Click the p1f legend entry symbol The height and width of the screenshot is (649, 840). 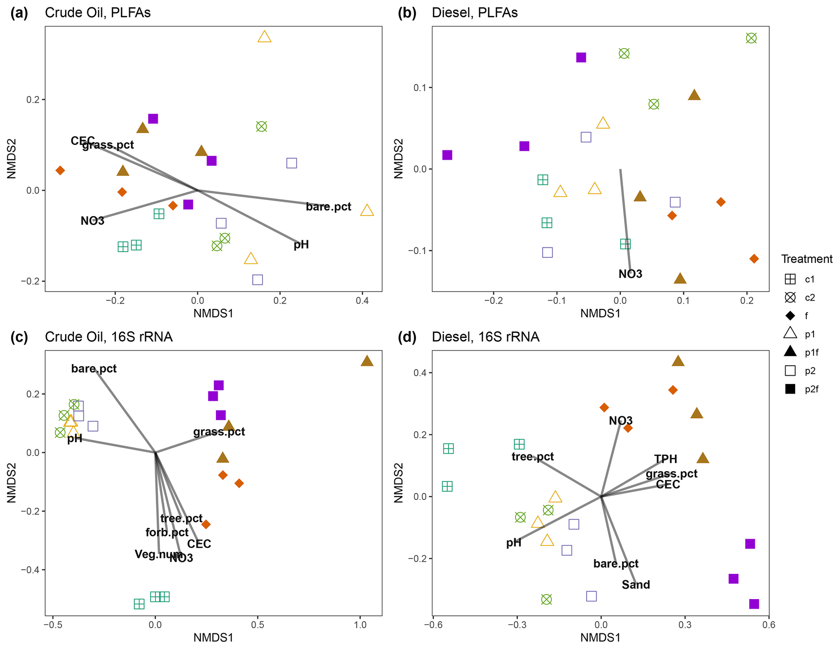point(790,352)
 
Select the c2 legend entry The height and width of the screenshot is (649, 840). point(790,297)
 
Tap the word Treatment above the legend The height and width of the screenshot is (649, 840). point(806,259)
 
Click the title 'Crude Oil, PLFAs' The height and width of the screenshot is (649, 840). point(98,13)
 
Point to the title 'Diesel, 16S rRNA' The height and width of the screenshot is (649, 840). point(485,337)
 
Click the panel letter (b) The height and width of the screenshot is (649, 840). point(407,13)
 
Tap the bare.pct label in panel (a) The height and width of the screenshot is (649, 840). point(328,207)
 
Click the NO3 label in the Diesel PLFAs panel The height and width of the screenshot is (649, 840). point(630,274)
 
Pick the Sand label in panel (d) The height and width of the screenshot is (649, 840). point(636,585)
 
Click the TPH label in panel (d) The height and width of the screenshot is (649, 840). point(665,459)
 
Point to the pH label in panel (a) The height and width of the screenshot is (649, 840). point(301,245)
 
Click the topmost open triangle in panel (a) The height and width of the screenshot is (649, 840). point(265,37)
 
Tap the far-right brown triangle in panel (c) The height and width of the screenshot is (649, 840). point(367,361)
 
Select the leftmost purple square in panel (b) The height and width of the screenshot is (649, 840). point(447,155)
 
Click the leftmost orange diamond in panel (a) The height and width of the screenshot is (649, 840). point(60,170)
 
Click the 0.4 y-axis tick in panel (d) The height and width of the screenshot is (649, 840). point(421,373)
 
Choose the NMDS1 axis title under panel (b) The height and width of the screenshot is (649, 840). point(600,313)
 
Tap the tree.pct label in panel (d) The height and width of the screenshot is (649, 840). point(532,457)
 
